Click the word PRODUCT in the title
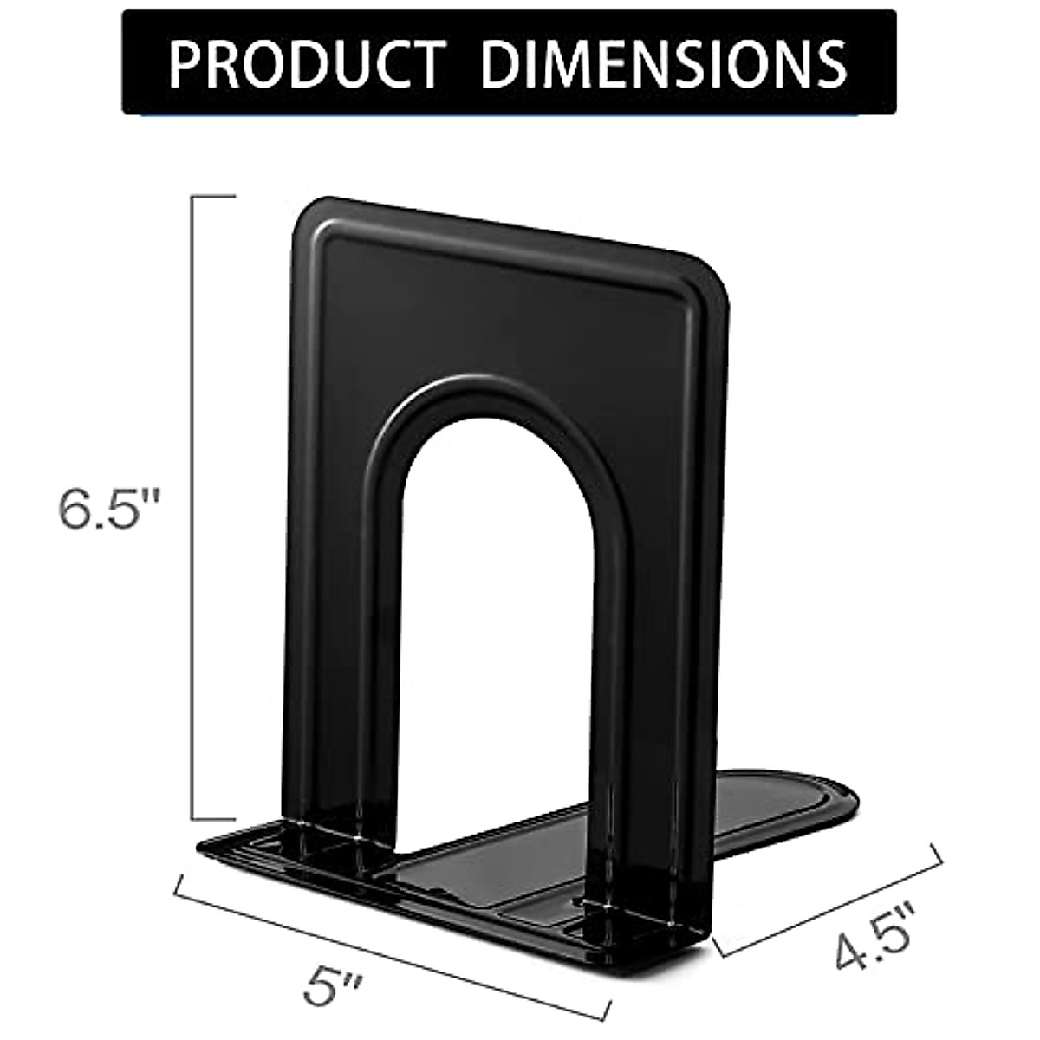pos(309,62)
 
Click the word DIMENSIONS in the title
pos(663,62)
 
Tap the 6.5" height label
pos(110,510)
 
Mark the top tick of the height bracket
pos(213,198)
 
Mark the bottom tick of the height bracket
pos(213,818)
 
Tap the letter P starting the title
pos(185,62)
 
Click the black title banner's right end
pos(888,62)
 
